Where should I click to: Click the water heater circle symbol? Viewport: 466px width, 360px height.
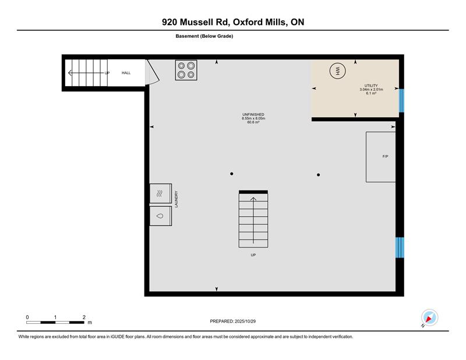338,71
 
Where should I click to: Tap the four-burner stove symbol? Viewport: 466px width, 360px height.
186,70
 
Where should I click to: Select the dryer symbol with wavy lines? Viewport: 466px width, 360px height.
161,193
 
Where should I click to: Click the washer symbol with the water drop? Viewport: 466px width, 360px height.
161,216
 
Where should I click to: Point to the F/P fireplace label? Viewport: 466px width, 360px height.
385,156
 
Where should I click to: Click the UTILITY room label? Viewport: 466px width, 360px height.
371,86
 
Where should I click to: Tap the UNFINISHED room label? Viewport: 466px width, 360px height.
253,114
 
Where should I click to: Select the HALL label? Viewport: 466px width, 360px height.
126,73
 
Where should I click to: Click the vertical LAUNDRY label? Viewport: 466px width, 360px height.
176,199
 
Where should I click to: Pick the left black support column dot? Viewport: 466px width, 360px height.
231,174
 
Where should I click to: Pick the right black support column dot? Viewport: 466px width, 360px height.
318,175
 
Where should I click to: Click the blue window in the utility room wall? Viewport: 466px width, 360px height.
401,101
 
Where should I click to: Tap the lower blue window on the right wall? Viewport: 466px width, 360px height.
400,248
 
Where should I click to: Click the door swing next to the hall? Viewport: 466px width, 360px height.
153,72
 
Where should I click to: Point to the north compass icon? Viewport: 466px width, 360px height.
429,318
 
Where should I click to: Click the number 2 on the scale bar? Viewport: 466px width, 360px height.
84,317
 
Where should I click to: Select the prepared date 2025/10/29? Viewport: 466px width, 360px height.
245,322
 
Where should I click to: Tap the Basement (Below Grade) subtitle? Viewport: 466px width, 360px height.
204,36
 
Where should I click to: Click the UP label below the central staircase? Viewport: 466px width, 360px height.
253,255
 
